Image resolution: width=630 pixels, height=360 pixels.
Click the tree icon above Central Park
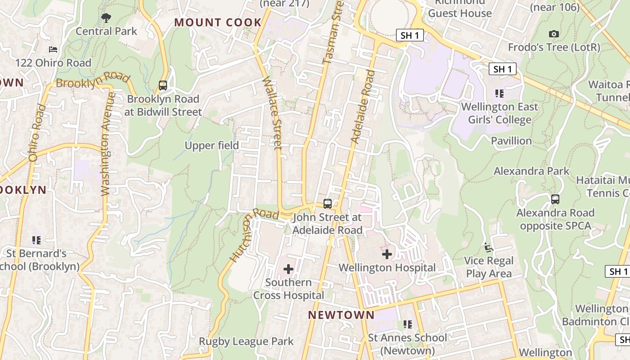106,18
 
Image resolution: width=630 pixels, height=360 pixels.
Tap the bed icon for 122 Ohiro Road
53,49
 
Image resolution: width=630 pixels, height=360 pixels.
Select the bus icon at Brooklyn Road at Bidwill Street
163,85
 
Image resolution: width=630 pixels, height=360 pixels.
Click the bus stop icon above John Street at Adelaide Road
328,203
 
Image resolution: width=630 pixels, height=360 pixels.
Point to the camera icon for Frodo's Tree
554,34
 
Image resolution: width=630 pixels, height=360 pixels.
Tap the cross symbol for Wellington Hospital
387,254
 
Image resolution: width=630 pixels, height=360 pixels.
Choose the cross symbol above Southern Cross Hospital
288,269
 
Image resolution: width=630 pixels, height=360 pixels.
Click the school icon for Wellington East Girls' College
499,94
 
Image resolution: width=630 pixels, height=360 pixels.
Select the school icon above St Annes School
408,324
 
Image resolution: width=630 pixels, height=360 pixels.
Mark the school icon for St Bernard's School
36,240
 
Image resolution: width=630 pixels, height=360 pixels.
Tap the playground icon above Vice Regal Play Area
488,247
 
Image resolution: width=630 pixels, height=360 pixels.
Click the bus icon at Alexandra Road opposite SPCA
555,199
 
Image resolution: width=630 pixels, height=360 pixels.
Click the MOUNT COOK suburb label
218,22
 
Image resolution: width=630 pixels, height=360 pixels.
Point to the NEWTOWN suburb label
341,315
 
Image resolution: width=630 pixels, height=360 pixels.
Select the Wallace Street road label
272,113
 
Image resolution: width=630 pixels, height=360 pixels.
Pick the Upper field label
211,145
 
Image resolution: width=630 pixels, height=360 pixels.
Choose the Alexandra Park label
531,171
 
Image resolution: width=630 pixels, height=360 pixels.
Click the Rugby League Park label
246,342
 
